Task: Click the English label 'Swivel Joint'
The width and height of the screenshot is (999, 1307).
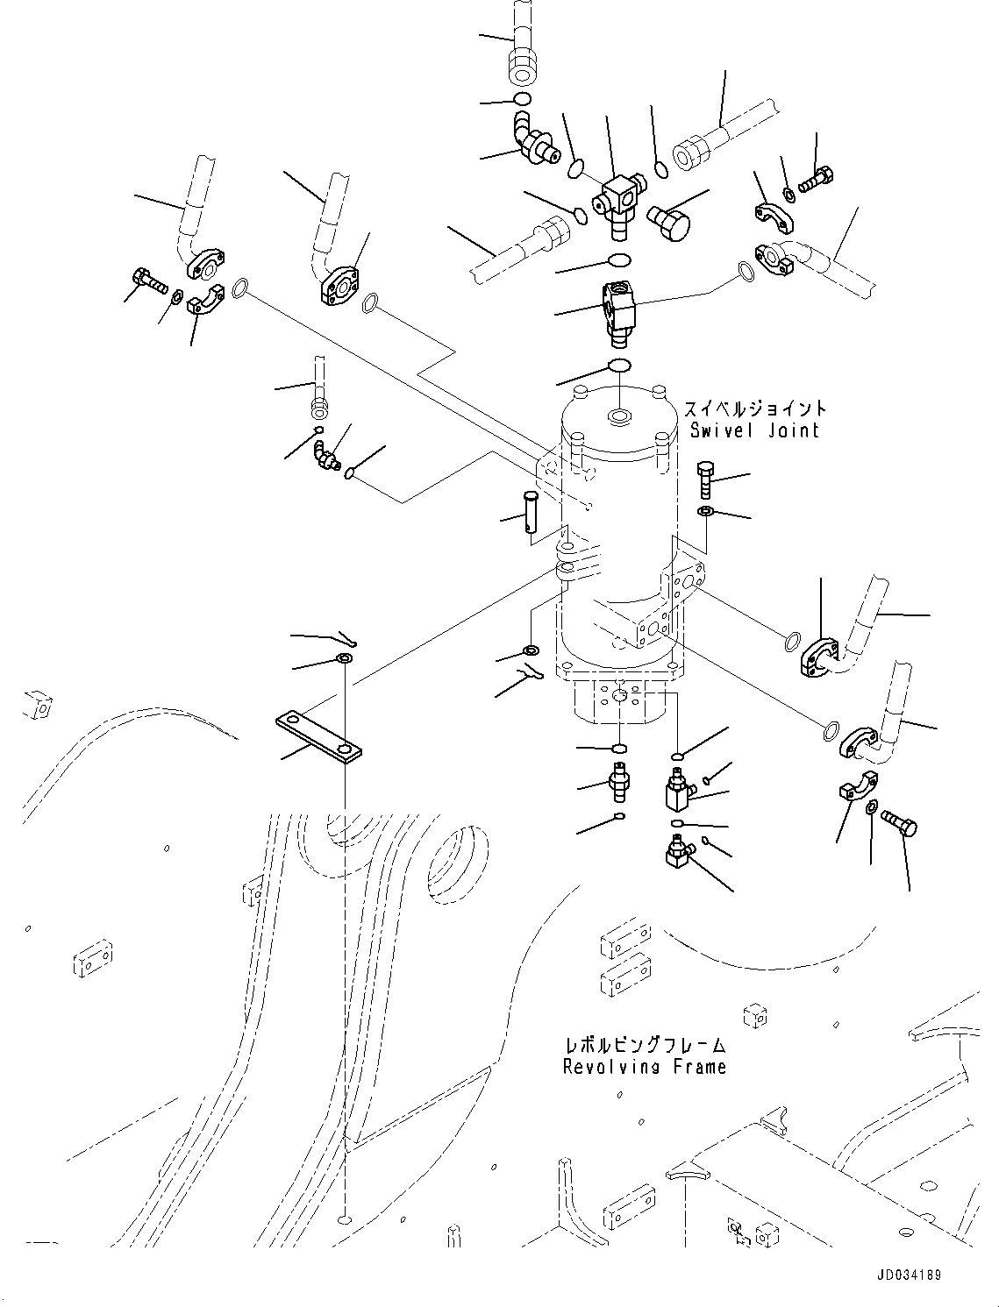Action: [x=754, y=430]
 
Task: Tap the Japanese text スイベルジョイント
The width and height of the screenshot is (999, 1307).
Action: [x=754, y=409]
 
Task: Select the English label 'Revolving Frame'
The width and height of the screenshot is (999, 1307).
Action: [x=645, y=1067]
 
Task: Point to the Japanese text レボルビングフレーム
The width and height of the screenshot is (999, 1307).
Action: [x=645, y=1046]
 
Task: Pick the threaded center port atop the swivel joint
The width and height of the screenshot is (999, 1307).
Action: [x=619, y=416]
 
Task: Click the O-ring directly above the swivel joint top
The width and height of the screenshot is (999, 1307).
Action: [x=618, y=365]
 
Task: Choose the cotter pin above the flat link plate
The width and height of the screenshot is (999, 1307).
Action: [x=344, y=636]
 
